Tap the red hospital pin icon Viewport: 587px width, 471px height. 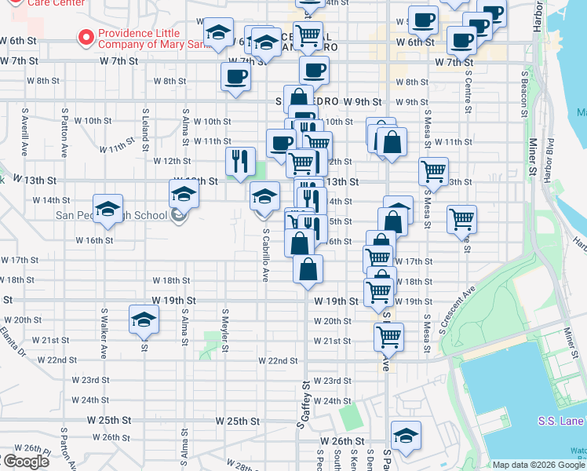tap(85, 37)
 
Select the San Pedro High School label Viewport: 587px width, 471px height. tap(110, 216)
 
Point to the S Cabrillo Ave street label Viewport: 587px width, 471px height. tap(266, 255)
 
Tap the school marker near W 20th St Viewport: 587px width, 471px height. tap(144, 319)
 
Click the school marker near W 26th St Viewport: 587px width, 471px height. tap(406, 435)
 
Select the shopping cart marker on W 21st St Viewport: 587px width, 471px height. tap(388, 337)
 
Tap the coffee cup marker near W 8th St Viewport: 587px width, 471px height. tap(235, 76)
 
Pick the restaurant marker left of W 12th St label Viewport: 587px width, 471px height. tap(240, 161)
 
